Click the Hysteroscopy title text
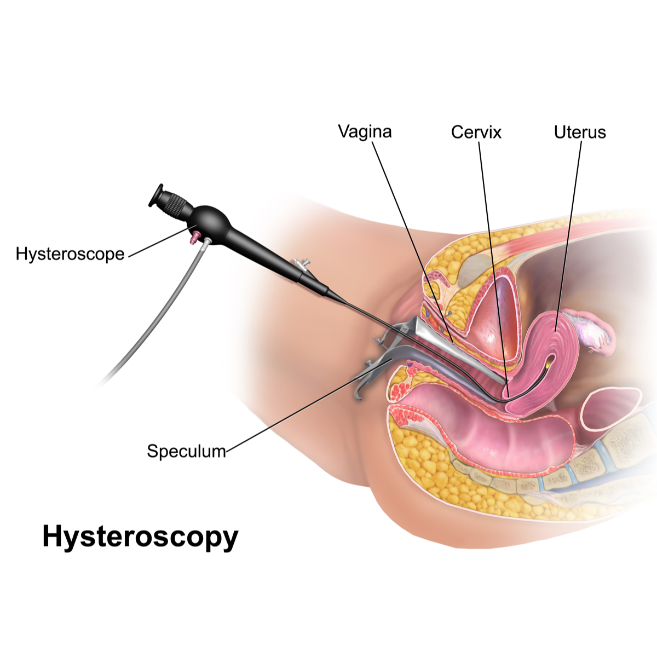140,537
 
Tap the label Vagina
365,131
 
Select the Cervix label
476,132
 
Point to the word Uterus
580,132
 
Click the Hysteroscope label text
70,254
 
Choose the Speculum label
187,451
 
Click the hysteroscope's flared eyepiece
155,195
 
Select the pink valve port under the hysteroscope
195,237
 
